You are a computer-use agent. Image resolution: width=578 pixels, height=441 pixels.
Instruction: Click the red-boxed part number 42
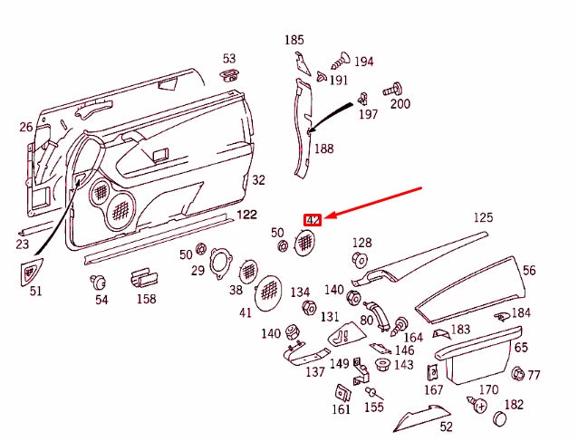tap(313, 219)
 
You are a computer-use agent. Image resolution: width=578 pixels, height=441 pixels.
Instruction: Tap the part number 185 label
tap(294, 40)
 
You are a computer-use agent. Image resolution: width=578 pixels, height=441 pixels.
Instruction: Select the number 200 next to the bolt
tap(400, 103)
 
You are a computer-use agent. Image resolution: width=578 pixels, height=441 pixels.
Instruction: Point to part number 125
tap(483, 217)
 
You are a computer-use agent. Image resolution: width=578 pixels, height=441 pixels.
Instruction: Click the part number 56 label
tap(529, 270)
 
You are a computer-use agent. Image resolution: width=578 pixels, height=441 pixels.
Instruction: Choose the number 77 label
tap(534, 375)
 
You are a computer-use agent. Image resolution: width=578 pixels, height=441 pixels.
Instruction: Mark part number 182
tap(514, 405)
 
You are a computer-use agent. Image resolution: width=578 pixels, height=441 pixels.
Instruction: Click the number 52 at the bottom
tap(446, 427)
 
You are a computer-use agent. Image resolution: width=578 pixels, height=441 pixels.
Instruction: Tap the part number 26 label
tap(25, 127)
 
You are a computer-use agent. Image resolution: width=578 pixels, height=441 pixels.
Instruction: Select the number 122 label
tap(246, 215)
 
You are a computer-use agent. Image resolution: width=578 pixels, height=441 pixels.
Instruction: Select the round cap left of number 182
tap(497, 419)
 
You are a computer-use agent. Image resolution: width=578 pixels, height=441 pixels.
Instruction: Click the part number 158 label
tap(146, 299)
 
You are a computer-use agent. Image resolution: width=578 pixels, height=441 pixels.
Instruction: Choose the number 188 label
tap(323, 149)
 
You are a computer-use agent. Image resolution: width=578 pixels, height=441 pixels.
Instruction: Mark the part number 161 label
tap(341, 409)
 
